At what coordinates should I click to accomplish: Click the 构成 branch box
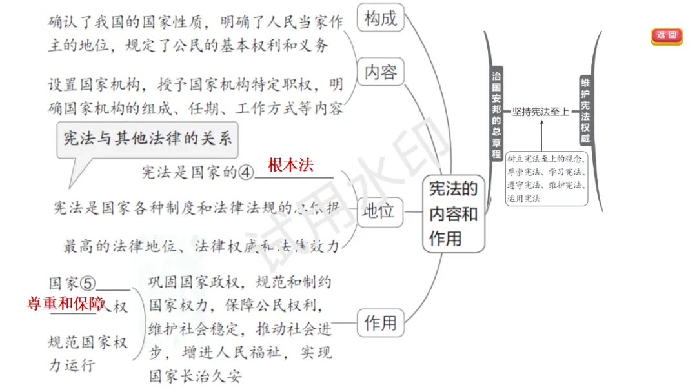(380, 19)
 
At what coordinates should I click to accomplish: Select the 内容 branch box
(380, 72)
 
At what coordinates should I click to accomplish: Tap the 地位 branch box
(380, 211)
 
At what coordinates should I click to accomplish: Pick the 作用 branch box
(380, 322)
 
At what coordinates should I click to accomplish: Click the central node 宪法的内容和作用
(453, 213)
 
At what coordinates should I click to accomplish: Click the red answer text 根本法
(290, 165)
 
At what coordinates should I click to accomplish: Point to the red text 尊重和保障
(66, 304)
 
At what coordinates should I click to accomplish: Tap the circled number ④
(247, 173)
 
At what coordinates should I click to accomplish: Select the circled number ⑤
(88, 284)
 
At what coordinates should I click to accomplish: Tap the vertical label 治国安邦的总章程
(496, 113)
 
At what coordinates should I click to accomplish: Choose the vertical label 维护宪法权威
(585, 110)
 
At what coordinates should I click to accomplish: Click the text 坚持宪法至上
(541, 112)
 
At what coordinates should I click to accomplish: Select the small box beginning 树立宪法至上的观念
(546, 178)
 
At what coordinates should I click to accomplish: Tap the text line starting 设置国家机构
(195, 84)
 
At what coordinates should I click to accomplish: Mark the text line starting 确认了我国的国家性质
(195, 23)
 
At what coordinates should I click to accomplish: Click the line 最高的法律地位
(200, 246)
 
